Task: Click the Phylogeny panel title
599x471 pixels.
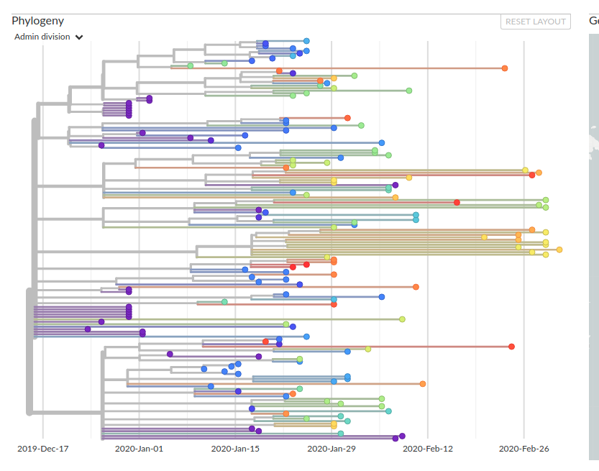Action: pyautogui.click(x=38, y=21)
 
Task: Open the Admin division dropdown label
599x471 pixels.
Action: pyautogui.click(x=42, y=37)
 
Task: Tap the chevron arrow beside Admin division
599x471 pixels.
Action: pyautogui.click(x=79, y=37)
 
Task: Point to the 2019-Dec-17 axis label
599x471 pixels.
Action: pyautogui.click(x=43, y=449)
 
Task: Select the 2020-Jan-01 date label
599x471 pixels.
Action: pyautogui.click(x=140, y=449)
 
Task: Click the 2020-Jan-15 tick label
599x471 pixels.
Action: pyautogui.click(x=236, y=449)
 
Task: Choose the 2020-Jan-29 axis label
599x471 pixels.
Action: pyautogui.click(x=331, y=449)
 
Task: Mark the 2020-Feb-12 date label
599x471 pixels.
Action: pyautogui.click(x=428, y=449)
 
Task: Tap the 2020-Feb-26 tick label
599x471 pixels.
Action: pyautogui.click(x=523, y=449)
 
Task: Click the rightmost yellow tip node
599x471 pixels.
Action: pyautogui.click(x=559, y=250)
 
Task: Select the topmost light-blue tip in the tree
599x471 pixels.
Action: pyautogui.click(x=306, y=41)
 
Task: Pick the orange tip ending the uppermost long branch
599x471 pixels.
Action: pyautogui.click(x=505, y=68)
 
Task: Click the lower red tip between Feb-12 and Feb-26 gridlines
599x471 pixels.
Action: pyautogui.click(x=511, y=347)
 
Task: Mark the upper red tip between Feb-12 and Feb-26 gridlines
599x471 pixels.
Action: pyautogui.click(x=457, y=203)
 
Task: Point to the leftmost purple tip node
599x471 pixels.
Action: pyautogui.click(x=88, y=329)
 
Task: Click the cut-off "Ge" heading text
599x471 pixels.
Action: pyautogui.click(x=593, y=21)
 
